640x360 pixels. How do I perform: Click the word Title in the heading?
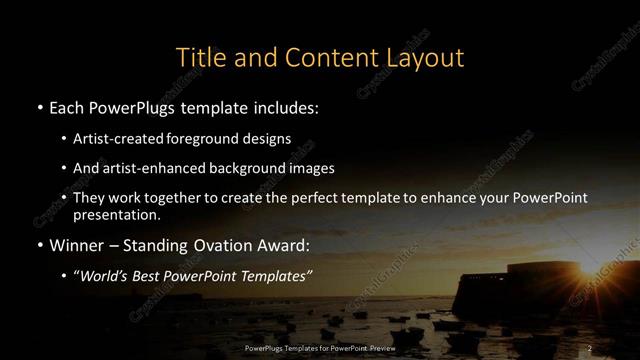pyautogui.click(x=200, y=57)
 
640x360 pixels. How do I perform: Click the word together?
pyautogui.click(x=180, y=198)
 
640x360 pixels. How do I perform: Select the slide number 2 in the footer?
pyautogui.click(x=589, y=348)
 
